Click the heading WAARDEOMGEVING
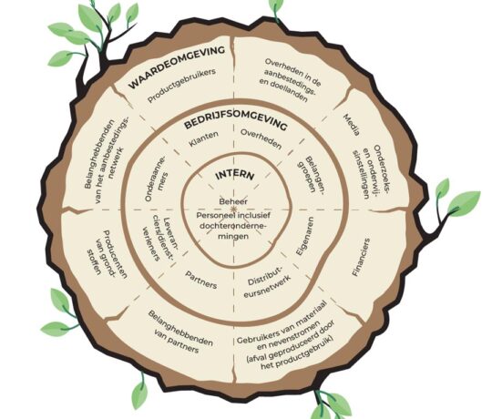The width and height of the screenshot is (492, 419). click(177, 66)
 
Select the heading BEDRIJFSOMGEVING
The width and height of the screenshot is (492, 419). click(235, 124)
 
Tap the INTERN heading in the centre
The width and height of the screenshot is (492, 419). click(234, 175)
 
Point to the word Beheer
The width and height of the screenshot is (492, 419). click(233, 201)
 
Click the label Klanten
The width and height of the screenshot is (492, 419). click(204, 139)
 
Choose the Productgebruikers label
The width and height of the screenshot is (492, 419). click(182, 86)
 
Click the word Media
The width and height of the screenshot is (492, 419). click(352, 125)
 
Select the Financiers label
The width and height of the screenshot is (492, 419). click(361, 257)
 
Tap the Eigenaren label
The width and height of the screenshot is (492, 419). click(304, 236)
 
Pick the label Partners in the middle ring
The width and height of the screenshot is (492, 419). click(200, 280)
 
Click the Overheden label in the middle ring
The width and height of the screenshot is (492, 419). click(261, 139)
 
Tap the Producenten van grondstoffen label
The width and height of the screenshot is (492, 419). click(107, 254)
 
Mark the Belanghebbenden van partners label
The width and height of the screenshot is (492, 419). click(179, 332)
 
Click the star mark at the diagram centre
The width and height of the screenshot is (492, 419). click(233, 209)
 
